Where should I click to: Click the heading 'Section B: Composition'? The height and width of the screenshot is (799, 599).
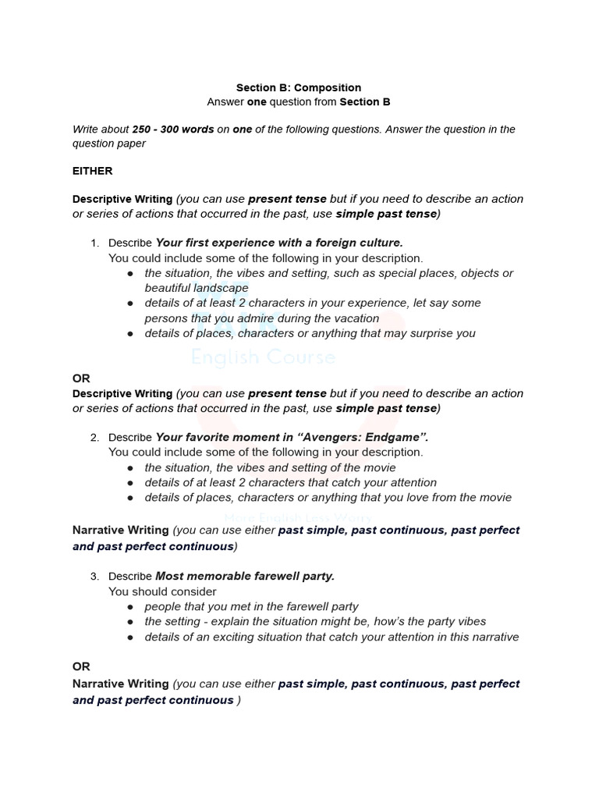tap(299, 87)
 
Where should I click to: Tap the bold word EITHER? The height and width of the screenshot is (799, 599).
tap(92, 170)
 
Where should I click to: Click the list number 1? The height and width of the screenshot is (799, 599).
tap(94, 243)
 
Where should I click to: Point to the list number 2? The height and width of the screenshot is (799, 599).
tap(94, 437)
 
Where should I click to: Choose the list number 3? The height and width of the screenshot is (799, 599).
tap(94, 576)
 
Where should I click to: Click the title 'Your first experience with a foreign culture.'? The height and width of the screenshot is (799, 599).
tap(279, 243)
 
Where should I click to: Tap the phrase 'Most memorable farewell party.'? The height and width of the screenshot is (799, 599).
tap(245, 576)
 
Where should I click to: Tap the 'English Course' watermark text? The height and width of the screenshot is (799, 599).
tap(264, 358)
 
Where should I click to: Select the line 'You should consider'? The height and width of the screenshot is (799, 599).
tap(162, 591)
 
